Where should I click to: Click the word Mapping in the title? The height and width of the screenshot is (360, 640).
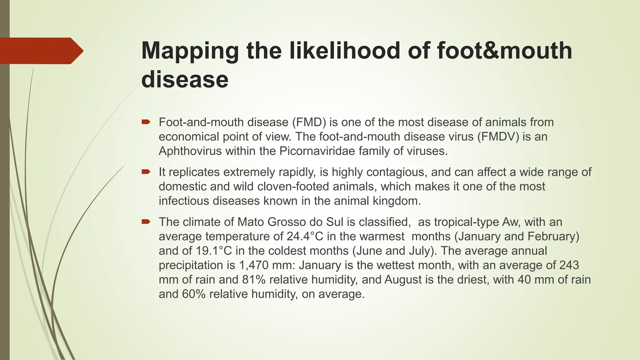coord(190,51)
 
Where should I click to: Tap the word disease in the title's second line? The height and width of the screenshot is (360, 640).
coord(185,79)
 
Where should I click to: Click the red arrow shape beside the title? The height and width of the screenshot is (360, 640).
coord(41,51)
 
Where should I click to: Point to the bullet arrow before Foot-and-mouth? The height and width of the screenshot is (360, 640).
coord(146,122)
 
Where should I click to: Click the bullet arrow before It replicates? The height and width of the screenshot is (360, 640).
coord(146,172)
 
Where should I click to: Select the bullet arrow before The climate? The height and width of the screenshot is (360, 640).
coord(146,222)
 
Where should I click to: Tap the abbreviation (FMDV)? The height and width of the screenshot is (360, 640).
coord(498,137)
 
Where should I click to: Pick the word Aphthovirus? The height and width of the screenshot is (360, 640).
coord(190,151)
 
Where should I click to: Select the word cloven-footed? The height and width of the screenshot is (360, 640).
coord(295,186)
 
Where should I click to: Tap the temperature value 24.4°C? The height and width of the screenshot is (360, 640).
coord(305,236)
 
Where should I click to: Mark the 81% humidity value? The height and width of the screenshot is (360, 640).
coord(254,279)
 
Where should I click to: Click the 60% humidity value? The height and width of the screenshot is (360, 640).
coord(194,294)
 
